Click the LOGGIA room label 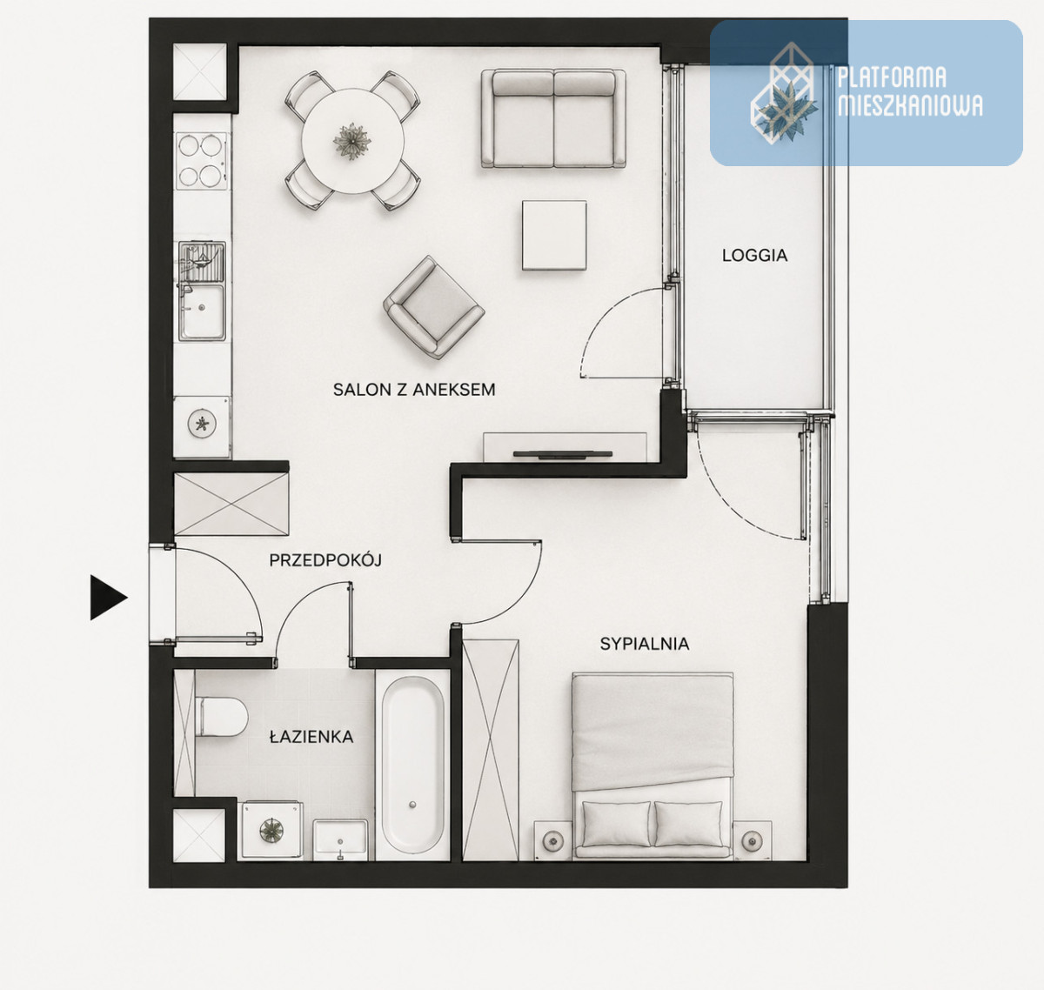click(x=754, y=256)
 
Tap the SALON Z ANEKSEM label click(x=413, y=390)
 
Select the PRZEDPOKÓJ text click(x=325, y=559)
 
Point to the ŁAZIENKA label click(x=311, y=737)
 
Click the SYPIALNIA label click(x=644, y=644)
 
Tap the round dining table click(x=352, y=141)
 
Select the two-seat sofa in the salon click(x=553, y=118)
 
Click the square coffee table click(x=554, y=235)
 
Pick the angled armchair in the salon click(x=434, y=307)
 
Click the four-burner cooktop click(x=201, y=161)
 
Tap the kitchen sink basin click(x=202, y=311)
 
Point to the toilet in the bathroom click(x=221, y=717)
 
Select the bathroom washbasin click(x=340, y=839)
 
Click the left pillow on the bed click(x=616, y=824)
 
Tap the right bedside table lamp click(x=751, y=840)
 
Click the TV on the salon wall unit click(x=563, y=453)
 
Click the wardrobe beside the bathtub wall click(x=491, y=749)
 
